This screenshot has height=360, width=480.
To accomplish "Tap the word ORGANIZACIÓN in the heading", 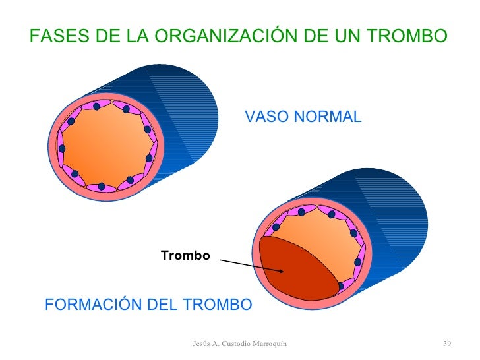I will click(x=218, y=36).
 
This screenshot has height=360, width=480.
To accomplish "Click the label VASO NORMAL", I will click(x=303, y=117).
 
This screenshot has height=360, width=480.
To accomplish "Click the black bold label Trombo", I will click(x=185, y=255).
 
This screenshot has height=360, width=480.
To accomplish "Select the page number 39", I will click(x=446, y=344).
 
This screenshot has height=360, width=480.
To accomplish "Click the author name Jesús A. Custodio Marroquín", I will click(x=239, y=344).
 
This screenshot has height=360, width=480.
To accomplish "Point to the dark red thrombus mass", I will click(x=297, y=270).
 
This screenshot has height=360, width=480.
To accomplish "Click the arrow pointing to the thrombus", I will click(x=251, y=265).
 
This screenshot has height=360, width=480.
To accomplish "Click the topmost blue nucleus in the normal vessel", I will click(x=96, y=106).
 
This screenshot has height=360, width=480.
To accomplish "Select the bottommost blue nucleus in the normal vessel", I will click(x=102, y=187).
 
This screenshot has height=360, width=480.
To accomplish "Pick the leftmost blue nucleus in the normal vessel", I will click(x=61, y=148).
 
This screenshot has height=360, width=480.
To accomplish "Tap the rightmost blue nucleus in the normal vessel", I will click(x=149, y=159).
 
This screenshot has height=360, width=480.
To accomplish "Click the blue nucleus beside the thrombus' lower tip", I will click(x=340, y=286).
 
